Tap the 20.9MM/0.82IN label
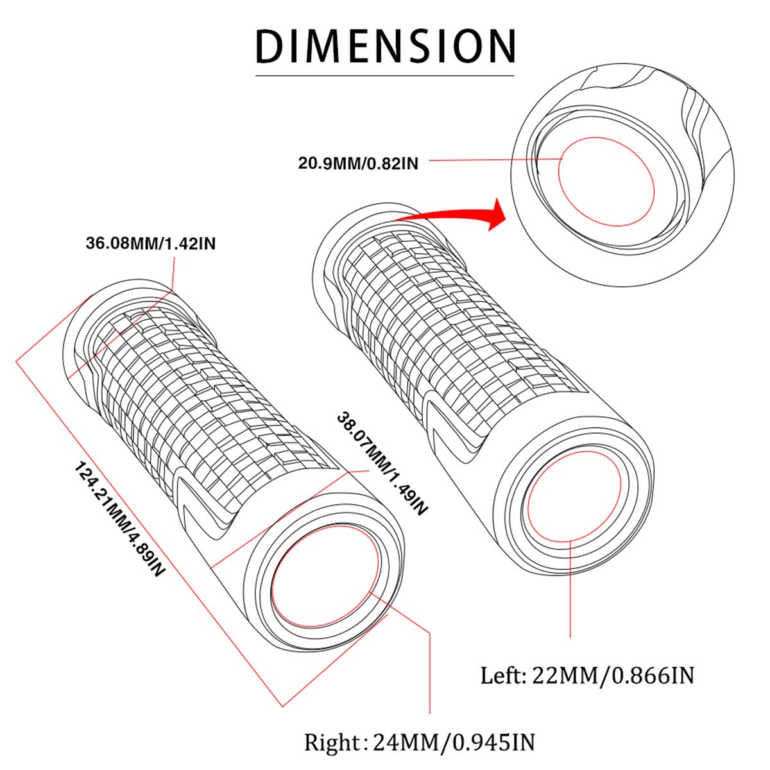(x=358, y=163)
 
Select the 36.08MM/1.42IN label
(x=151, y=244)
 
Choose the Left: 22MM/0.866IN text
(x=587, y=675)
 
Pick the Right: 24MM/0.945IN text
(x=419, y=742)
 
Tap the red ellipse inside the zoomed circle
(x=606, y=182)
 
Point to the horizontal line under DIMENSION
(x=385, y=76)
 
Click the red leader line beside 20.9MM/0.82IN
(x=494, y=160)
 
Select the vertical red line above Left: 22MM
(x=570, y=590)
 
